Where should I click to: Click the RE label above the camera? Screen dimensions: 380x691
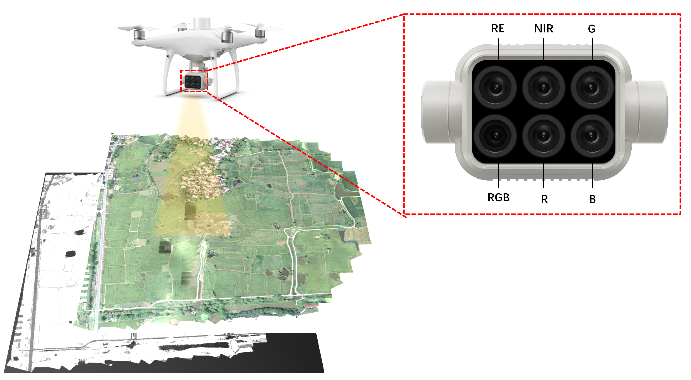click(497, 28)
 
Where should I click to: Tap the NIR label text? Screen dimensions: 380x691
click(543, 28)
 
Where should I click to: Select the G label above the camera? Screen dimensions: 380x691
click(592, 29)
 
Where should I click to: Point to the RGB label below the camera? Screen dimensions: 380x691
click(498, 198)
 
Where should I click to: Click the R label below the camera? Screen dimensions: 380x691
click(544, 199)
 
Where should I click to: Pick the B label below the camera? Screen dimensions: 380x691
click(593, 199)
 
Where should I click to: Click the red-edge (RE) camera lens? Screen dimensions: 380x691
click(496, 87)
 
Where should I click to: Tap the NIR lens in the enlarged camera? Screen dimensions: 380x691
click(543, 87)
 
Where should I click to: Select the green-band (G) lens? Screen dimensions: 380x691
click(592, 87)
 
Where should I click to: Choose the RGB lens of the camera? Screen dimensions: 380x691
click(496, 136)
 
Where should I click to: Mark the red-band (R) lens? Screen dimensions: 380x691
click(543, 136)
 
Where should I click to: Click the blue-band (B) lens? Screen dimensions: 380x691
click(592, 136)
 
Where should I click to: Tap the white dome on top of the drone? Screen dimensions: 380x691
click(202, 23)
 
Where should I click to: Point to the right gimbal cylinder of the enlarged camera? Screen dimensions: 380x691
click(651, 112)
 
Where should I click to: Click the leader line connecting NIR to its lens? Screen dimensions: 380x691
click(543, 49)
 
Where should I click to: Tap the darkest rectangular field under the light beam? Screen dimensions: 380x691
click(190, 210)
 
